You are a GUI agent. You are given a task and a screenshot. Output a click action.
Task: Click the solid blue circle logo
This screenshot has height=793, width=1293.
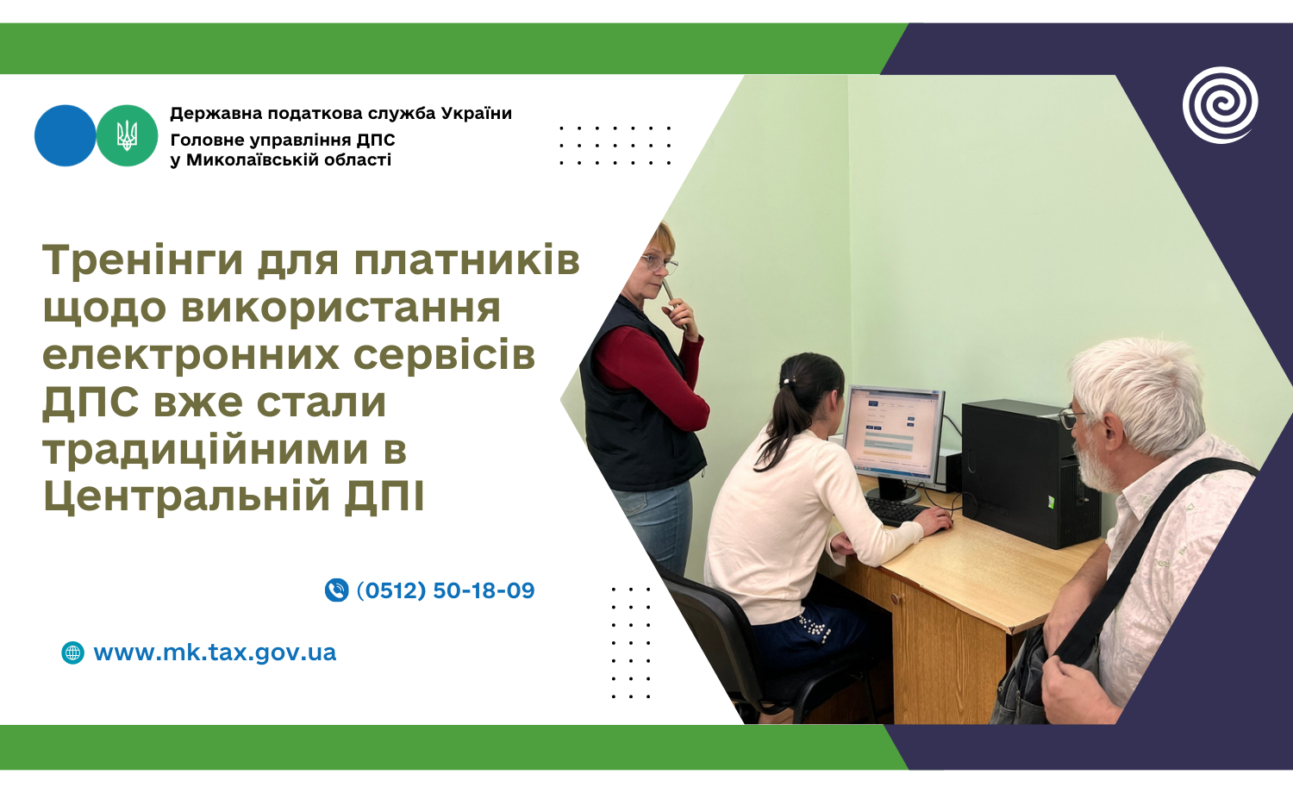tap(66, 135)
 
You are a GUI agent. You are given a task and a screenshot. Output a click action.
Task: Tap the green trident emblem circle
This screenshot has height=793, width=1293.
tap(127, 135)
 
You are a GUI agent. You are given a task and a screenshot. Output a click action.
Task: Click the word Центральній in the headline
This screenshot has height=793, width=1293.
tap(188, 496)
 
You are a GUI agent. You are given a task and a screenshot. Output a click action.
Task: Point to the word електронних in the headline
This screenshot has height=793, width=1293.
tap(191, 355)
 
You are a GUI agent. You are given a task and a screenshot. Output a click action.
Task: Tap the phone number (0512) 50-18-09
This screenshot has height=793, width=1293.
tap(446, 590)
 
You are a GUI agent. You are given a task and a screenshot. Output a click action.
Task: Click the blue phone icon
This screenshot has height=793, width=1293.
tap(336, 590)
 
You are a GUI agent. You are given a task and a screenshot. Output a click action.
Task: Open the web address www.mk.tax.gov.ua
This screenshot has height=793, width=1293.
tap(215, 653)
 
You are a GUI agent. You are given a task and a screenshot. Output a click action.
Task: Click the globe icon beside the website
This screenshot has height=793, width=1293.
tap(72, 653)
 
